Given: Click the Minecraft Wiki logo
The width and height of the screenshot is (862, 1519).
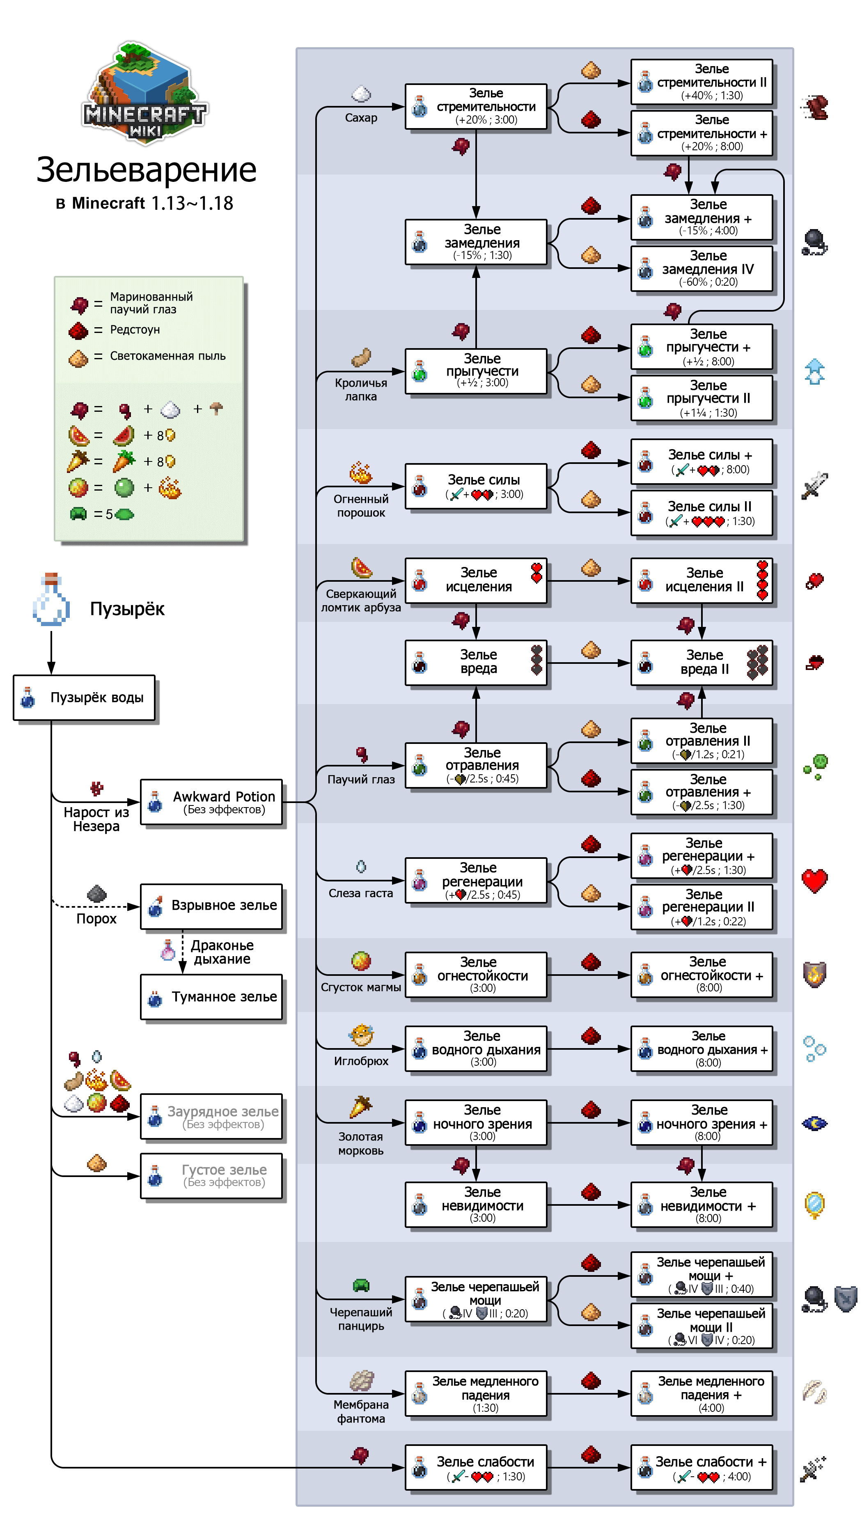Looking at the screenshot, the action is (x=145, y=92).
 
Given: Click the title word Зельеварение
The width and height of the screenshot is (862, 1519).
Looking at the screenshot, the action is (x=146, y=170).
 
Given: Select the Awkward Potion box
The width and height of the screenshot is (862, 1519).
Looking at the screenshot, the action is (x=211, y=802).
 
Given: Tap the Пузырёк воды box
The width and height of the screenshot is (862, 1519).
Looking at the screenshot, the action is (x=84, y=698).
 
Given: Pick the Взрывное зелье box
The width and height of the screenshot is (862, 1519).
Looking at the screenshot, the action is (x=211, y=906).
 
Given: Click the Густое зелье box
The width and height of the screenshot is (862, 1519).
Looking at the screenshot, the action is (x=211, y=1176).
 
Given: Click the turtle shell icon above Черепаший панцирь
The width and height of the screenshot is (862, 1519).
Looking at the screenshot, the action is (x=361, y=1285).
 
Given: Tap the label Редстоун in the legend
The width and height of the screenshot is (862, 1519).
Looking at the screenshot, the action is (x=135, y=330).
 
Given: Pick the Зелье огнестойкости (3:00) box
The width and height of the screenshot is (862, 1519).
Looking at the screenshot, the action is (x=476, y=974).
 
